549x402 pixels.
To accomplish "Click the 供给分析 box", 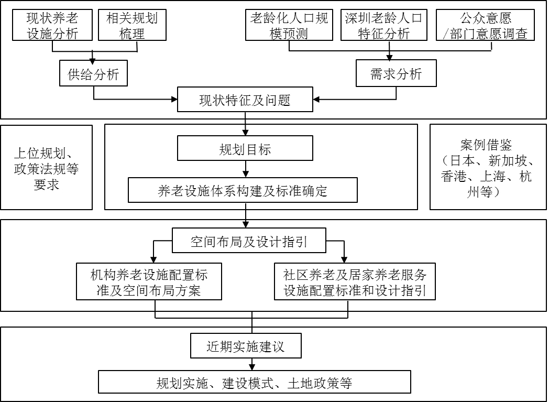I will click(x=94, y=74).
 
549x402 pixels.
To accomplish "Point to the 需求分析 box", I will click(x=396, y=73).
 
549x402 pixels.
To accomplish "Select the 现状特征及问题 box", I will click(x=245, y=100).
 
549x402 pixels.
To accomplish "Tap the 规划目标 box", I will click(x=245, y=149).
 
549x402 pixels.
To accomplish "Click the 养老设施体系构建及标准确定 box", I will click(x=243, y=190).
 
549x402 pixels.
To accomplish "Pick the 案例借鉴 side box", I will click(x=487, y=167).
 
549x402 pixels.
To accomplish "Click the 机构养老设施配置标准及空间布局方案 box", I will click(x=149, y=281).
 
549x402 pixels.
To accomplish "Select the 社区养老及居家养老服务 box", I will click(x=355, y=281).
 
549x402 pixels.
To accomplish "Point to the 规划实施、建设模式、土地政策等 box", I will click(x=254, y=382).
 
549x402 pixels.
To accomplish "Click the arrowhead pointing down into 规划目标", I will click(x=245, y=133).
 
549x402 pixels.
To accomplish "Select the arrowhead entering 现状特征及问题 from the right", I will click(x=317, y=100).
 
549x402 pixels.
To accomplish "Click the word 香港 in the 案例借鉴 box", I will click(x=454, y=177).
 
